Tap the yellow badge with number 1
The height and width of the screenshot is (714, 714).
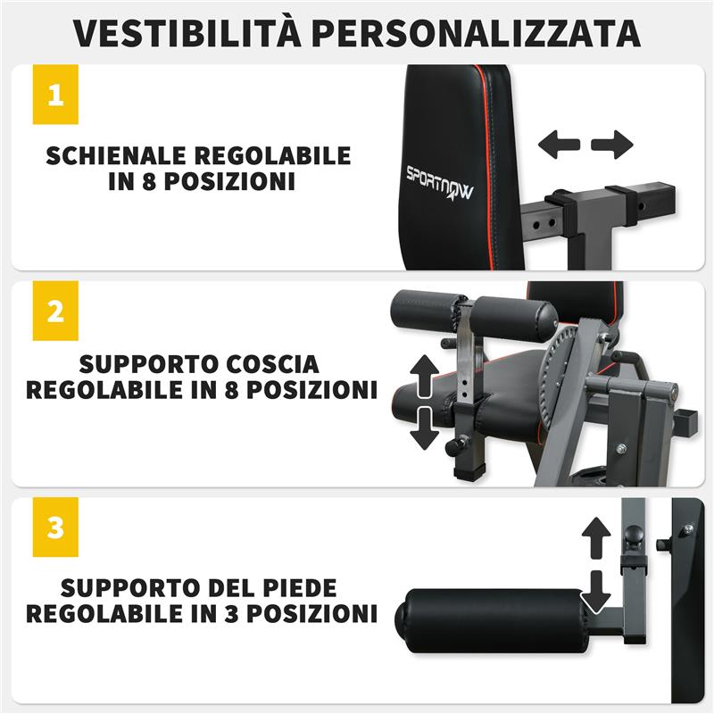tap(55, 94)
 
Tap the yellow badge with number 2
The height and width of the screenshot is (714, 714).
tap(55, 311)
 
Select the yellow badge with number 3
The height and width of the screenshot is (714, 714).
tap(55, 527)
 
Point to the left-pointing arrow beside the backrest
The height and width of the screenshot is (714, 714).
tap(560, 144)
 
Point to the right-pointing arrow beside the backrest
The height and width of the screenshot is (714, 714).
tap(612, 144)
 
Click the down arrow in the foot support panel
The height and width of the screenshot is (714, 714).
tap(595, 589)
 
